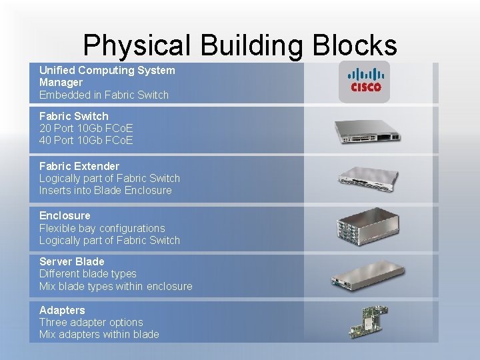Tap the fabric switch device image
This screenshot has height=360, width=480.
click(368, 130)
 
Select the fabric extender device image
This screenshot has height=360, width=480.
click(368, 178)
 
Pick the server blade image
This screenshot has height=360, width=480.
click(369, 274)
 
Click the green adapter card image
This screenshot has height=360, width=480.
click(369, 322)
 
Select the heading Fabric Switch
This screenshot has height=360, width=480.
click(73, 116)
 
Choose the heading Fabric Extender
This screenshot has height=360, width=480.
click(79, 166)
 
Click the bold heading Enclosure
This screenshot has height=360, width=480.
click(65, 215)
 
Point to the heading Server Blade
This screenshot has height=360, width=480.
click(72, 261)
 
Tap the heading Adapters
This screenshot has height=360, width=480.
click(62, 310)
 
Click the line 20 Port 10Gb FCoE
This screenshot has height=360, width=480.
click(86, 128)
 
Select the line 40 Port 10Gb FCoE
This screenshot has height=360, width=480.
click(86, 140)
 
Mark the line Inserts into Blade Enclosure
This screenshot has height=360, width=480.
click(105, 190)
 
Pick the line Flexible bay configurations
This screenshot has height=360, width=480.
click(102, 228)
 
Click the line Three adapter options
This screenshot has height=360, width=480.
click(91, 322)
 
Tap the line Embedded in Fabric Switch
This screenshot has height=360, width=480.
click(104, 95)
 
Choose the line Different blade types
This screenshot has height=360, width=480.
click(87, 273)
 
